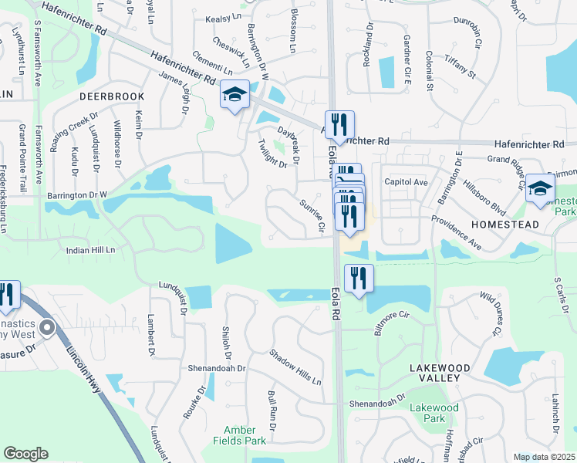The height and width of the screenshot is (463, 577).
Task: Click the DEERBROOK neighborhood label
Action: [112, 96]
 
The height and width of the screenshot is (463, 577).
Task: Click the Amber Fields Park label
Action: [245, 435]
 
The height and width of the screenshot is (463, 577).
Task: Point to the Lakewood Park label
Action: [434, 413]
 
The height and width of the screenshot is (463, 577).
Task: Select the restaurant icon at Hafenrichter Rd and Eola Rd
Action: [339, 127]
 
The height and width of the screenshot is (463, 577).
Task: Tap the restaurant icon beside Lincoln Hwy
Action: [6, 295]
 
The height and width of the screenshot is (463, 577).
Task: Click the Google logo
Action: [25, 454]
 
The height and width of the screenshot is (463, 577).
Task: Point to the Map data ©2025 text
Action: [544, 457]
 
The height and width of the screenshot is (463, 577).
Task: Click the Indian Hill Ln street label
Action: [90, 250]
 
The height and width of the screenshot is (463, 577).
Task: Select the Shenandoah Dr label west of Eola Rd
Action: [217, 368]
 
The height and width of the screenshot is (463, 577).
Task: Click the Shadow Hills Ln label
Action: [295, 367]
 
